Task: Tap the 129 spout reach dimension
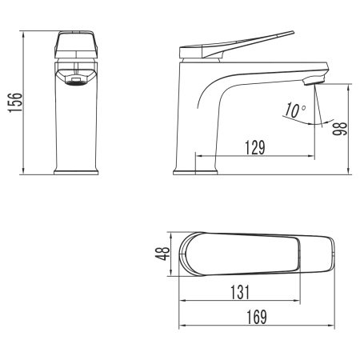point(254,148)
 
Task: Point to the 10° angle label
point(294,110)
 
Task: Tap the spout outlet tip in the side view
point(316,78)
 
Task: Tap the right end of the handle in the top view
point(330,254)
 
